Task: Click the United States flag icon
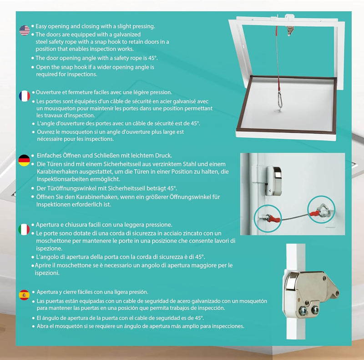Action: tap(24, 30)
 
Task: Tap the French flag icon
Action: tap(24, 96)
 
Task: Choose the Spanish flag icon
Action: tap(24, 295)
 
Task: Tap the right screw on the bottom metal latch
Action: tap(315, 310)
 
